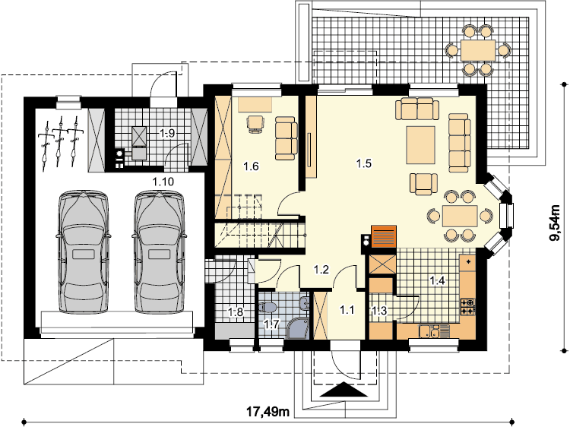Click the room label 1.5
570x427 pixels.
coord(363,163)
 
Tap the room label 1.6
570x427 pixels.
coord(251,166)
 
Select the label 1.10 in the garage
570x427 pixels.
coord(163,182)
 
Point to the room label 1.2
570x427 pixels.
coord(321,270)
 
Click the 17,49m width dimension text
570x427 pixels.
coord(268,412)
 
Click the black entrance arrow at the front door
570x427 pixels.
coord(343,391)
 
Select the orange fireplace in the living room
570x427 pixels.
coord(384,236)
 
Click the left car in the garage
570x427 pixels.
coord(84,251)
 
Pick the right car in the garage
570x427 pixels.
coord(160,251)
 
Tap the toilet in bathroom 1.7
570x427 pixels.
coord(268,307)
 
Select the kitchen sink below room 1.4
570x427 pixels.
coord(429,331)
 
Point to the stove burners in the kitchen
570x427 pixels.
coord(468,306)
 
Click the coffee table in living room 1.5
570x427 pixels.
coord(420,145)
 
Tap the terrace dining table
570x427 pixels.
coord(478,50)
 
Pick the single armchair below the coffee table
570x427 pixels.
coord(423,184)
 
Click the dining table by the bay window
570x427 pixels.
coord(460,216)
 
